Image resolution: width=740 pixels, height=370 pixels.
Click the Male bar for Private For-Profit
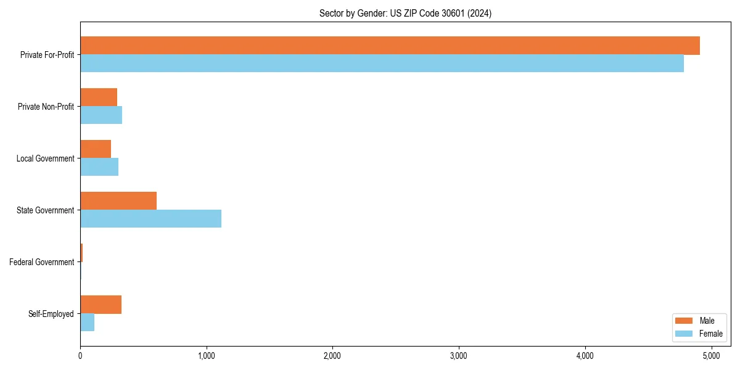pos(390,46)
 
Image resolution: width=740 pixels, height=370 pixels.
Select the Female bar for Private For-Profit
pos(382,64)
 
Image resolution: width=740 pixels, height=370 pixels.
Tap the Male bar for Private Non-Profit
pos(99,97)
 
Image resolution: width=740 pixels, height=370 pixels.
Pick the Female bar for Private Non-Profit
pos(101,115)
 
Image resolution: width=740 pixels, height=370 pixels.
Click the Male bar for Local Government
pos(96,149)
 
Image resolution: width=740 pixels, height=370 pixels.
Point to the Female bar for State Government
pos(150,219)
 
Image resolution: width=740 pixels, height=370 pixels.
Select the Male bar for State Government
pos(118,201)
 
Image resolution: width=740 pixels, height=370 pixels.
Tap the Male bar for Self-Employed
pos(101,305)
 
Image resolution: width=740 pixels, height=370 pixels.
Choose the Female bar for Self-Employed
pos(87,323)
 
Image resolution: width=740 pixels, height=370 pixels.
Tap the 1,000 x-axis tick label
pos(206,356)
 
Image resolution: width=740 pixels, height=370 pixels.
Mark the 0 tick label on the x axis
pos(80,356)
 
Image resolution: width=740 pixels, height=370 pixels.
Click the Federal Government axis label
pos(42,262)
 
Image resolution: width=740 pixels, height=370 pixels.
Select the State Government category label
pos(45,210)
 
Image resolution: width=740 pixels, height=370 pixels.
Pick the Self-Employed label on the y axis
pos(51,314)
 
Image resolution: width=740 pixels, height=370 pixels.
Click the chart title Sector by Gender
pos(405,13)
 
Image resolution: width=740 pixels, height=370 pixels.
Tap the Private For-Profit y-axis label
pos(47,55)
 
